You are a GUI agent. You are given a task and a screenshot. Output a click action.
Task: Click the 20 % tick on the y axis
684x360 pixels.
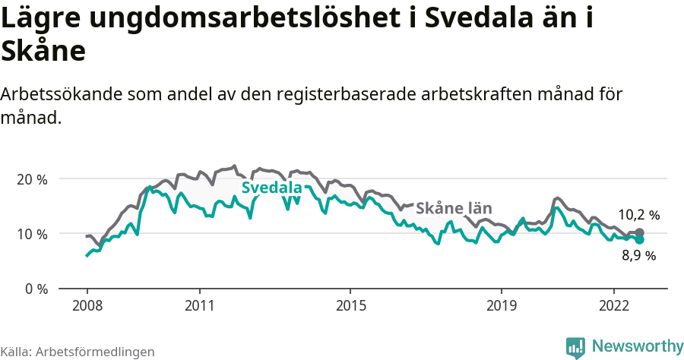point(32,179)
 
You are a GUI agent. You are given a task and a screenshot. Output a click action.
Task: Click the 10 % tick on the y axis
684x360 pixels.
point(32,234)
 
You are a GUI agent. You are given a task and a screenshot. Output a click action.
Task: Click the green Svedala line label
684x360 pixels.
point(271,188)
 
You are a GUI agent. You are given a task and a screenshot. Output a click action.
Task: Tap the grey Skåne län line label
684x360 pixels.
point(454,208)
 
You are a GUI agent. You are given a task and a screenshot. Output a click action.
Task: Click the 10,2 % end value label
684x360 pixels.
point(638,215)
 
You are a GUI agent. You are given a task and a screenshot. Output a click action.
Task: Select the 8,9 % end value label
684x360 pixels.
point(638,256)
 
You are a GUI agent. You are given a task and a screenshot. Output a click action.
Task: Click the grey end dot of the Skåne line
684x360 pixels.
point(640,232)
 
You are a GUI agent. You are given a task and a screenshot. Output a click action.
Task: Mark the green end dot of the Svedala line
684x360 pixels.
point(640,239)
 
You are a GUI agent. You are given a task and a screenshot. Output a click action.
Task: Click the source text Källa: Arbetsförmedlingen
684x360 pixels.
point(78,352)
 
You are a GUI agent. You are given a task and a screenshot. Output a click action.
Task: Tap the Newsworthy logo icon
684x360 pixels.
point(575,347)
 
